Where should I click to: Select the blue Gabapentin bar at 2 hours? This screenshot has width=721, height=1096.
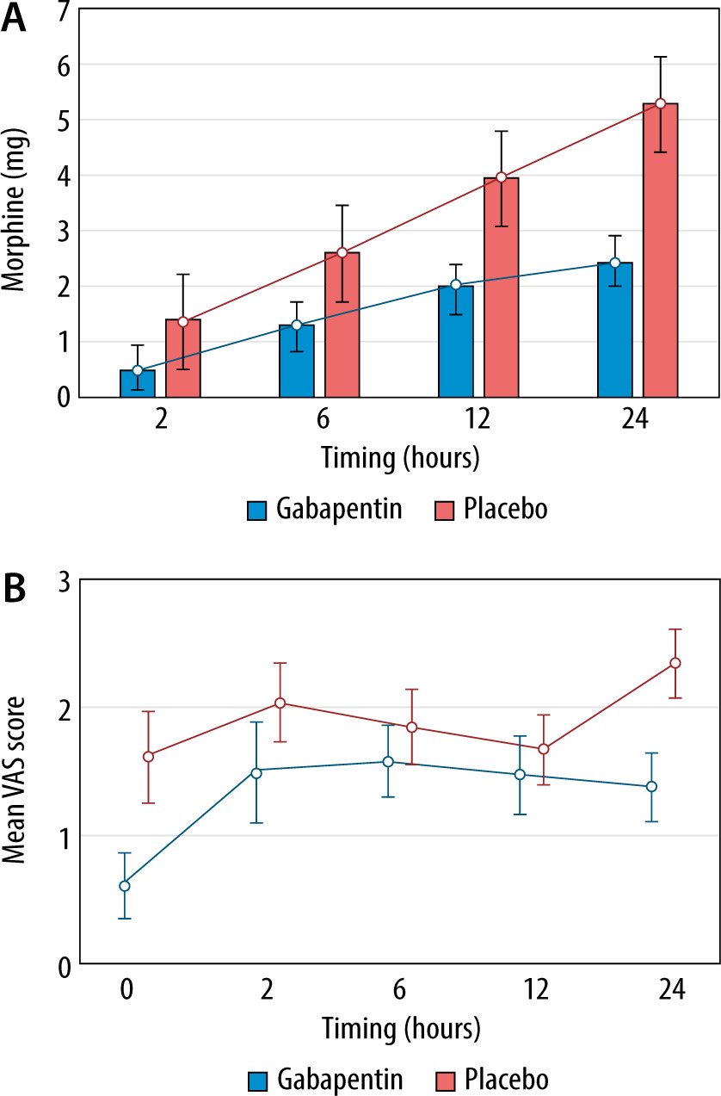pos(138,384)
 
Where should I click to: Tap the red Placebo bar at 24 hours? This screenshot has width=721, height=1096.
pos(661,250)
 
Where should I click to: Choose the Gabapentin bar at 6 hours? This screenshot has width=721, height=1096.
pos(296,361)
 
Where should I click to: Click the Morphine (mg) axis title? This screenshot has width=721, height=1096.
pos(15,211)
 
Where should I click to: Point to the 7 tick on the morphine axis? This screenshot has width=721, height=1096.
pos(62,10)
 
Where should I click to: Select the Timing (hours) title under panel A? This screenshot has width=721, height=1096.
pos(400,456)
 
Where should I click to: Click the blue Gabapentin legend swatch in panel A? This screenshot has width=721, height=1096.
pos(258,510)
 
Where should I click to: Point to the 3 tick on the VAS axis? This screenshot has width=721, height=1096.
pos(62,579)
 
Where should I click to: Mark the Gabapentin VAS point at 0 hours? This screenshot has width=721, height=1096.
pos(125,886)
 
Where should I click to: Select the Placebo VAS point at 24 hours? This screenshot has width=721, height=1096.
pos(675,662)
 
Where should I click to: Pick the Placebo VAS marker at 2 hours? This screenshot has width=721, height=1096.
pos(280,703)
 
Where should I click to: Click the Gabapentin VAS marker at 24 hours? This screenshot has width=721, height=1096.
pos(651,786)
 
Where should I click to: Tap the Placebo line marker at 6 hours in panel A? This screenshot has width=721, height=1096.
pos(342,252)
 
